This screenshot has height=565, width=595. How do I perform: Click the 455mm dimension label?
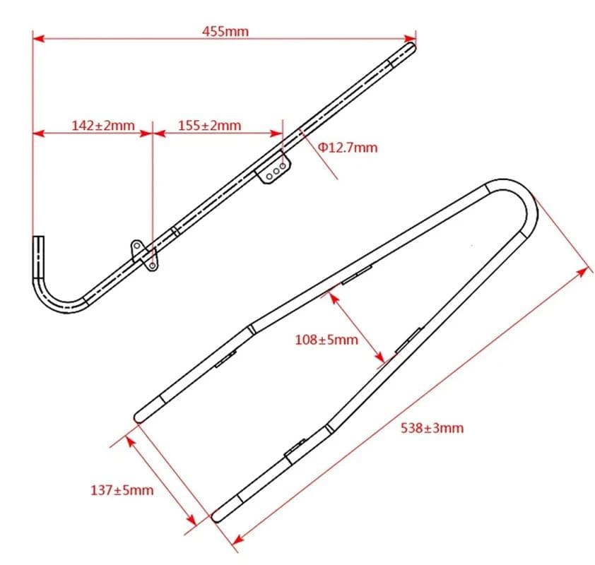[x=225, y=31]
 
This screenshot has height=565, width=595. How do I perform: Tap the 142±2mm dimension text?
[x=103, y=125]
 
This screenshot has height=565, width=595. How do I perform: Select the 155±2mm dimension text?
[x=209, y=125]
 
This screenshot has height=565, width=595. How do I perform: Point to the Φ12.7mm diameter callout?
[x=348, y=147]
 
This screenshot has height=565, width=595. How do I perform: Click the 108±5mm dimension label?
[x=326, y=340]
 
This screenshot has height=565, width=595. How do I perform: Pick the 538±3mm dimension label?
[x=432, y=428]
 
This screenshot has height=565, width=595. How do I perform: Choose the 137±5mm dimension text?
[x=122, y=490]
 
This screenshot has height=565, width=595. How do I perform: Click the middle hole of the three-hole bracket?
[x=276, y=171]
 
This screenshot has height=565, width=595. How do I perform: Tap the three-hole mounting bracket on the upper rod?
[x=273, y=167]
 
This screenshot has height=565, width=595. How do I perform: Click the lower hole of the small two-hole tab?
[x=152, y=266]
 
